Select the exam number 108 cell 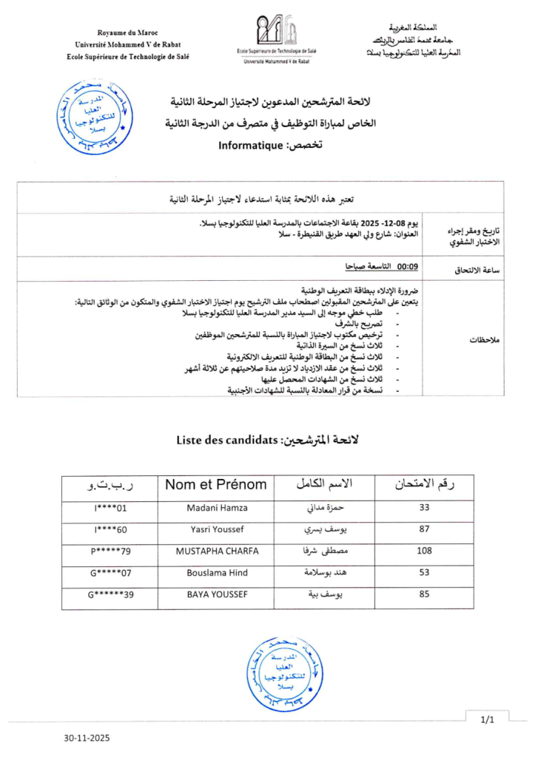pos(424,551)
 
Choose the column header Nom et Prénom pos(215,485)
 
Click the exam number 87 pos(425,529)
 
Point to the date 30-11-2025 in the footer pos(86,738)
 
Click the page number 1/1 pos(487,719)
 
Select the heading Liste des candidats pos(225,440)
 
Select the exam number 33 pos(425,508)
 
